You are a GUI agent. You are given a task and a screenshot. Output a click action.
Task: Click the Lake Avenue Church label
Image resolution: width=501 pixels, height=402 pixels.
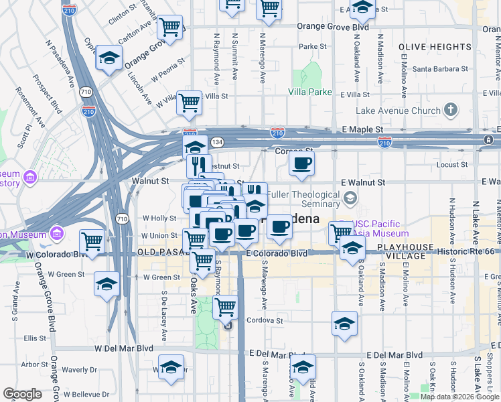(x=399, y=111)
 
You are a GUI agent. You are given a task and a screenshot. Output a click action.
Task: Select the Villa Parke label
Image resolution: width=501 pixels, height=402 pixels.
(x=310, y=92)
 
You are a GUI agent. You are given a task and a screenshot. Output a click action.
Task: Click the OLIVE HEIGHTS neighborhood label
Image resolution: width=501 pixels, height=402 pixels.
(x=435, y=47)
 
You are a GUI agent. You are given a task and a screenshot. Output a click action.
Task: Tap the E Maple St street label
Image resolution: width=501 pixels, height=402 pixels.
(x=362, y=129)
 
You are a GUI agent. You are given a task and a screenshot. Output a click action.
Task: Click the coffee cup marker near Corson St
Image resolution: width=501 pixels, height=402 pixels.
(x=301, y=163)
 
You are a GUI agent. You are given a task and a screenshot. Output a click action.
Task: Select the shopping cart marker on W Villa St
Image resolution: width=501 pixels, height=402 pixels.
(x=190, y=103)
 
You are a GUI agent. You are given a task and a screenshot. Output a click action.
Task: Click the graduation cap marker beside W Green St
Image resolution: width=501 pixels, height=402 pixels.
(x=107, y=284)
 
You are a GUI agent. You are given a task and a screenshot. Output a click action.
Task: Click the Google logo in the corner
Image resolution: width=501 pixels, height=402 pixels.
(x=22, y=394)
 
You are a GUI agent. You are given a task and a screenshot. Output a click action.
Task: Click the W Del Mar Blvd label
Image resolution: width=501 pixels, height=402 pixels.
(x=124, y=348)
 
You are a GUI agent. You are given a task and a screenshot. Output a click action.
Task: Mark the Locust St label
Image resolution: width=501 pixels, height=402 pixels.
(x=451, y=164)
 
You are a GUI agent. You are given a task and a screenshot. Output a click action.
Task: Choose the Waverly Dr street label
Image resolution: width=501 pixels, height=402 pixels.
(x=80, y=369)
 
